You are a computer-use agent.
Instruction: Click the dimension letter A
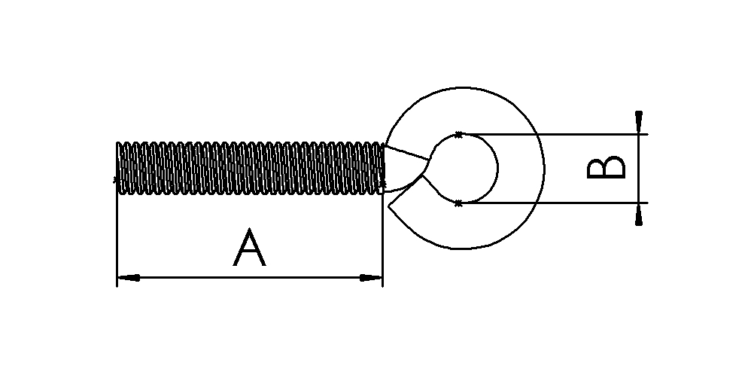point(250,249)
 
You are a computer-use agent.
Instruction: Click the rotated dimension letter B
point(607,168)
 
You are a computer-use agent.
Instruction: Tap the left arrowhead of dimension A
point(128,278)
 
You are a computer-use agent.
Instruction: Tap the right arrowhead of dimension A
point(371,278)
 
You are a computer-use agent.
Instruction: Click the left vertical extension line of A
point(117,233)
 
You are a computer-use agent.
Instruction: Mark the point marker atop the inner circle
point(458,134)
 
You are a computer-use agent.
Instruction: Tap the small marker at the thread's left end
point(114,179)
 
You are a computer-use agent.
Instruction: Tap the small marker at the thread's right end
point(384,183)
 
